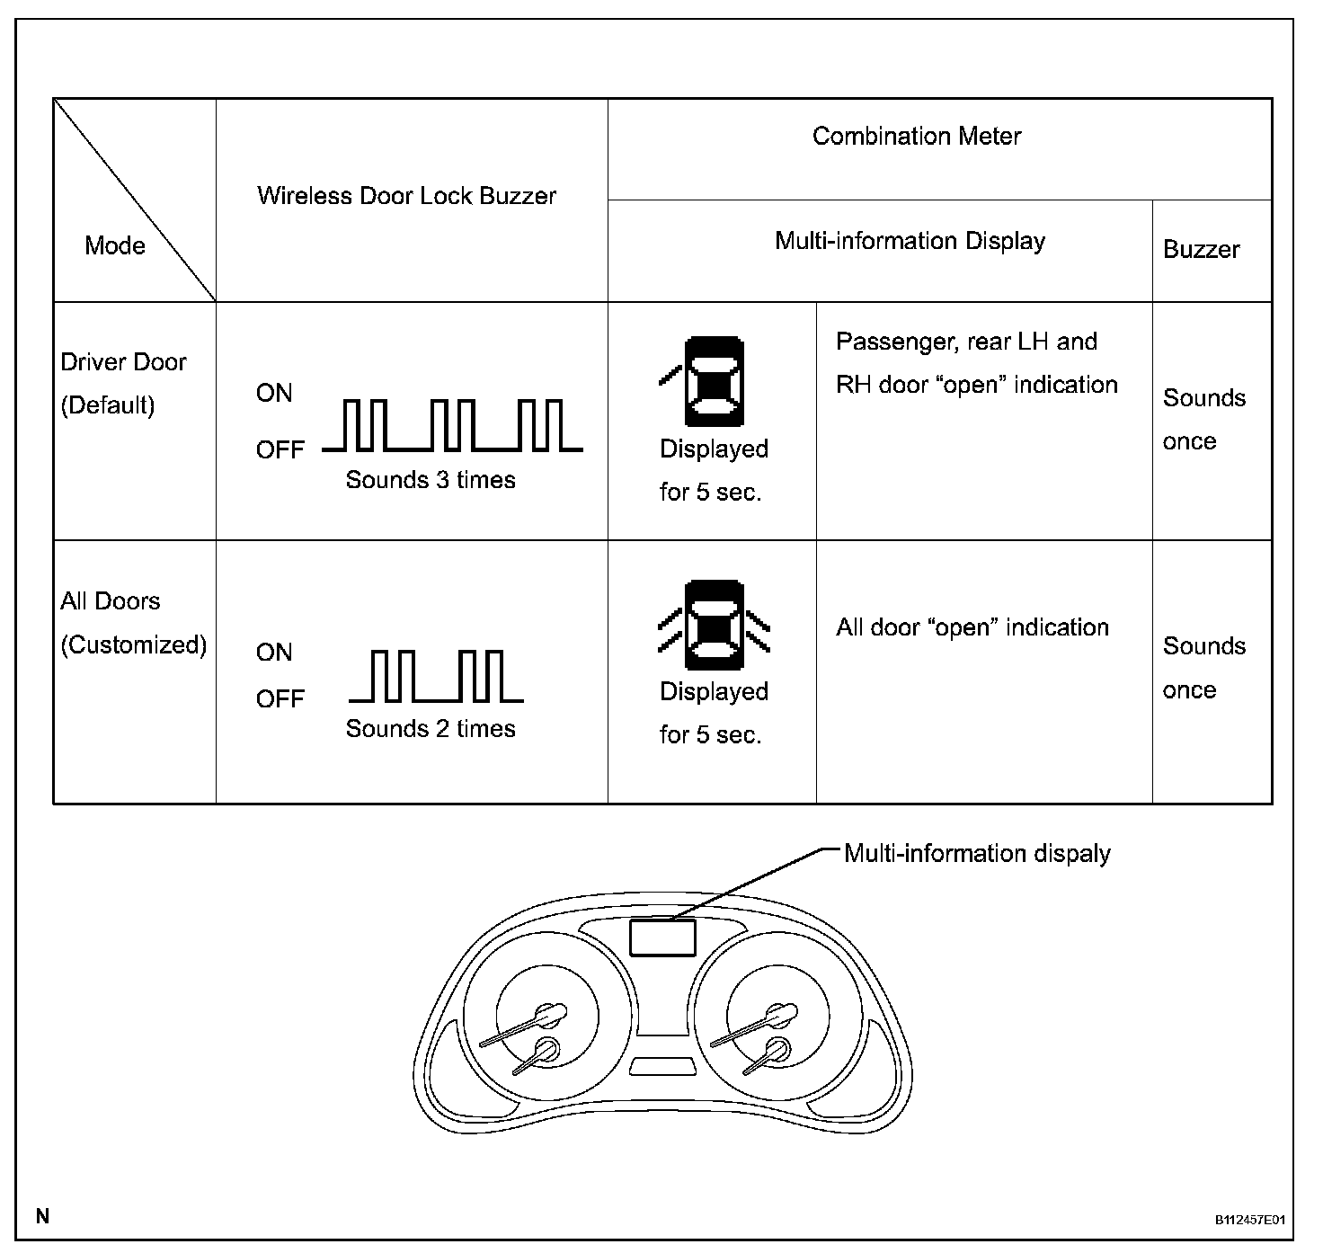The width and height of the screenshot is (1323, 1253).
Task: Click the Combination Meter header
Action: pyautogui.click(x=917, y=137)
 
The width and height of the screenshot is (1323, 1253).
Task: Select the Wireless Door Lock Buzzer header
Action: pyautogui.click(x=406, y=196)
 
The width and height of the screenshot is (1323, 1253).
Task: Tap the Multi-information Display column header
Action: pyautogui.click(x=910, y=241)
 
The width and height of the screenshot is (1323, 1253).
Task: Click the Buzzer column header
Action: pyautogui.click(x=1201, y=250)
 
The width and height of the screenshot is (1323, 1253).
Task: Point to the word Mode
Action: pyautogui.click(x=115, y=245)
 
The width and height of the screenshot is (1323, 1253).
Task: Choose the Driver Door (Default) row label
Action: pyautogui.click(x=123, y=384)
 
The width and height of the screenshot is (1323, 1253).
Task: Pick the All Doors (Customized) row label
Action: pyautogui.click(x=133, y=623)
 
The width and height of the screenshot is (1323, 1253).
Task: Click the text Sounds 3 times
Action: pyautogui.click(x=431, y=480)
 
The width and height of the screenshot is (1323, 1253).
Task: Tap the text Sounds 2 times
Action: pyautogui.click(x=431, y=728)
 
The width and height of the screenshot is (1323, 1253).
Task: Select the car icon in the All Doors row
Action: pyautogui.click(x=715, y=626)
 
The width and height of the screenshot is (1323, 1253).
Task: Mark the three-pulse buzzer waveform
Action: pyautogui.click(x=452, y=425)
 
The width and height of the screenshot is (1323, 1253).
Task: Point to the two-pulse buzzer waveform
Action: pyautogui.click(x=437, y=676)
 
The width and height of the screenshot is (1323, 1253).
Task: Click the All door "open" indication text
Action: pyautogui.click(x=972, y=627)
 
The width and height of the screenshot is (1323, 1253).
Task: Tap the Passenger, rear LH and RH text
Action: pyautogui.click(x=976, y=363)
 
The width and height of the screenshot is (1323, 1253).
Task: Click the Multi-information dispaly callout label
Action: pyautogui.click(x=977, y=853)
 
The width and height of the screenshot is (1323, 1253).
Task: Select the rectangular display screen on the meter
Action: pyautogui.click(x=662, y=938)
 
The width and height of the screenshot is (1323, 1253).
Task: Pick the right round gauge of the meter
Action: pyautogui.click(x=765, y=1026)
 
